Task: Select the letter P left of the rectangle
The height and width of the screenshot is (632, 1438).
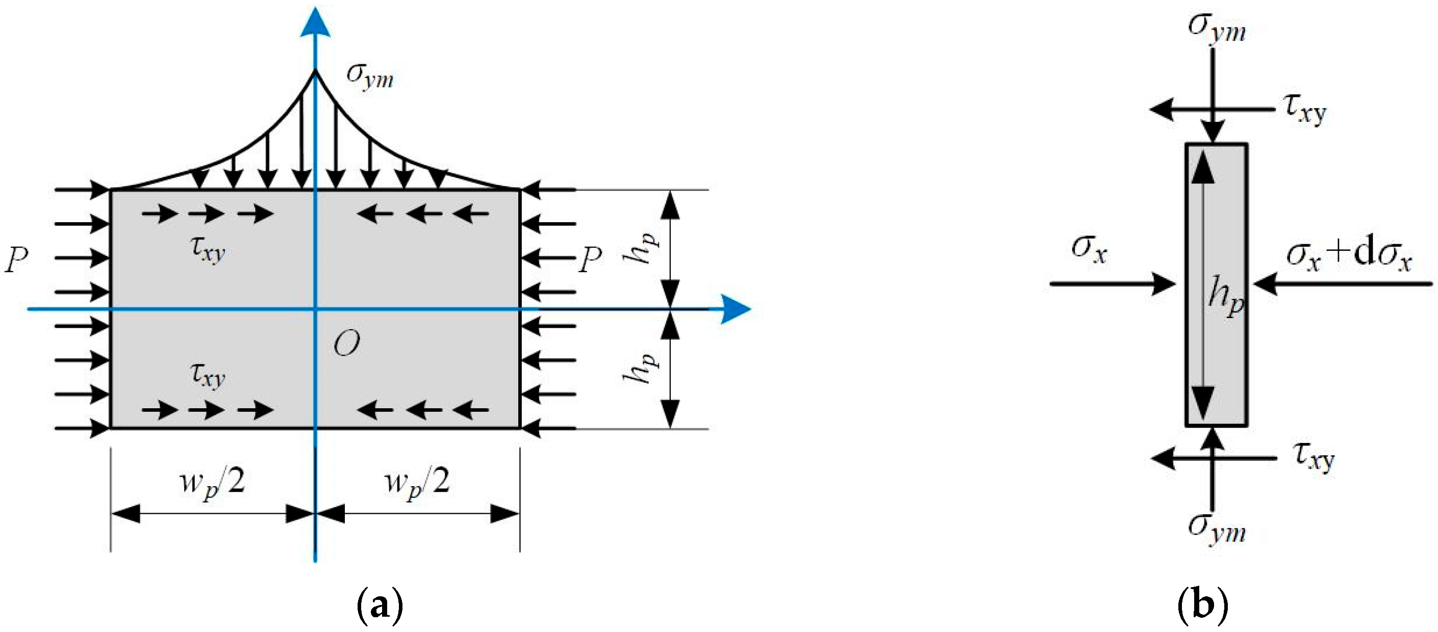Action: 16,260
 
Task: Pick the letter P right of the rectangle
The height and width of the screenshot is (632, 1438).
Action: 590,260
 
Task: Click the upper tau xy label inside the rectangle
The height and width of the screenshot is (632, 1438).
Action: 208,249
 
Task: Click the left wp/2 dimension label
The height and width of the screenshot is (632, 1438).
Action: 212,483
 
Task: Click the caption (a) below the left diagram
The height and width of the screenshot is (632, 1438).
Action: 380,605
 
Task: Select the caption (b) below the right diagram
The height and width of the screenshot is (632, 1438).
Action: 1202,605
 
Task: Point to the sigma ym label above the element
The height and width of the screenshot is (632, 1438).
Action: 1217,28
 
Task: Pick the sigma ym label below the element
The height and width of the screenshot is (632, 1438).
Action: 1217,527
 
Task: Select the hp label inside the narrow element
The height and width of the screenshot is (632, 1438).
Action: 1226,296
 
